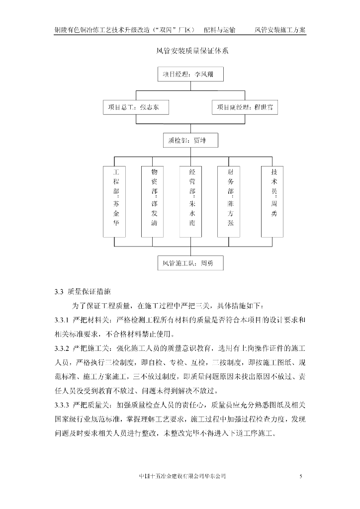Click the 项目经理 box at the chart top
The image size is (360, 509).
click(191, 75)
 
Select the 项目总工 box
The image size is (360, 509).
click(136, 107)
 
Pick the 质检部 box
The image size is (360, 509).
click(191, 141)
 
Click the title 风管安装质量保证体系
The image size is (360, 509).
click(192, 51)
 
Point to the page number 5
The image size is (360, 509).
click(301, 477)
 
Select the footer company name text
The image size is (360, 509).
click(183, 477)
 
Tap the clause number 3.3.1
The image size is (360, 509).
click(64, 319)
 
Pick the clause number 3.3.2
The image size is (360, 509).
click(64, 346)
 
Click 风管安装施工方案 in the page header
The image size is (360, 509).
click(280, 30)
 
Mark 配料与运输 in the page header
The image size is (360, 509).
click(223, 30)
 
